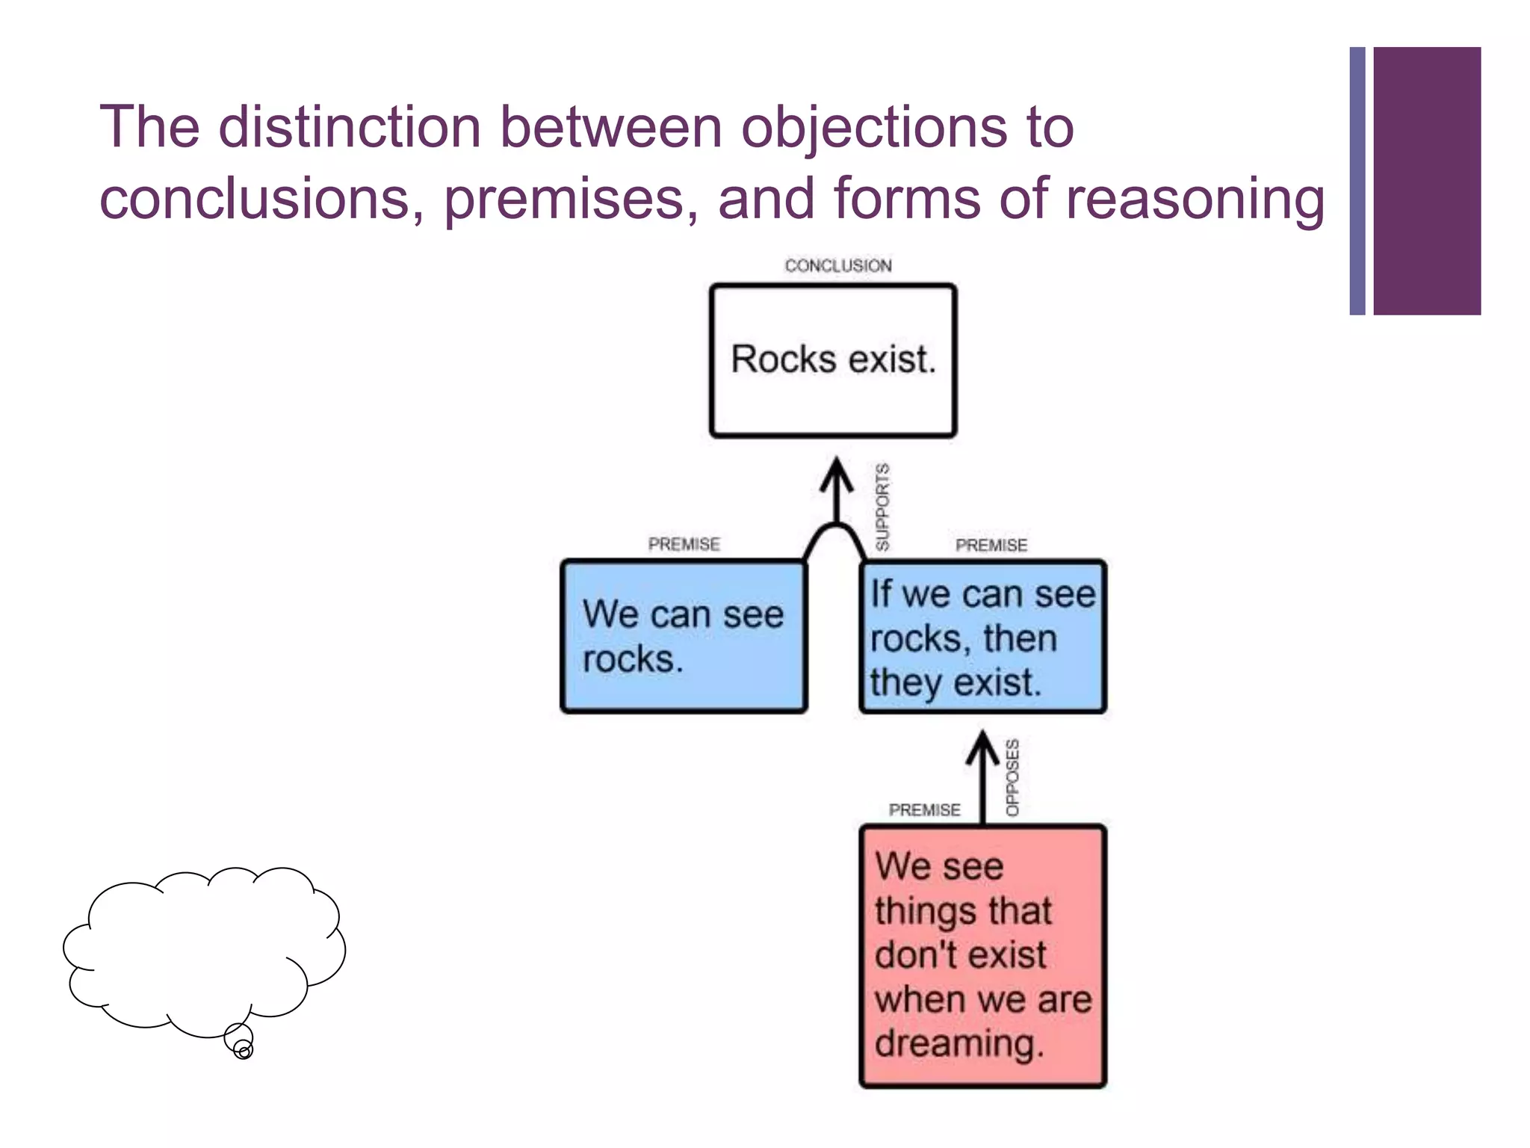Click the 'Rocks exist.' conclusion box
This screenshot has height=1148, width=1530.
pyautogui.click(x=833, y=360)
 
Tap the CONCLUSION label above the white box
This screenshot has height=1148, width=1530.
pyautogui.click(x=837, y=265)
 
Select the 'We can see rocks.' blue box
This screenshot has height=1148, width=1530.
pyautogui.click(x=684, y=636)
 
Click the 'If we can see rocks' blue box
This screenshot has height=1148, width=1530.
pyautogui.click(x=982, y=637)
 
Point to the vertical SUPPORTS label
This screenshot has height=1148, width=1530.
pyautogui.click(x=882, y=507)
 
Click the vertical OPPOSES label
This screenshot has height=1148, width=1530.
pyautogui.click(x=1012, y=777)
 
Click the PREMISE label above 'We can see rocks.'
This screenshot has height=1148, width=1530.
pyautogui.click(x=684, y=544)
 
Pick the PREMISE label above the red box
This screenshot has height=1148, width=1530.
pyautogui.click(x=924, y=810)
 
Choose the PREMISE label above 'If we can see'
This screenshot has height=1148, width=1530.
pyautogui.click(x=991, y=545)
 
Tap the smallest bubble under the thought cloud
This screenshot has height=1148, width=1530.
pyautogui.click(x=244, y=1051)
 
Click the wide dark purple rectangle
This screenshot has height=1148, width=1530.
pyautogui.click(x=1427, y=181)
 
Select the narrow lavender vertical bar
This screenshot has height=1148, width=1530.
pyautogui.click(x=1357, y=181)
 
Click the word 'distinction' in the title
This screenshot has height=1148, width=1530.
pyautogui.click(x=350, y=127)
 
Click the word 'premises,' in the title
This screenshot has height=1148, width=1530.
pyautogui.click(x=572, y=199)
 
